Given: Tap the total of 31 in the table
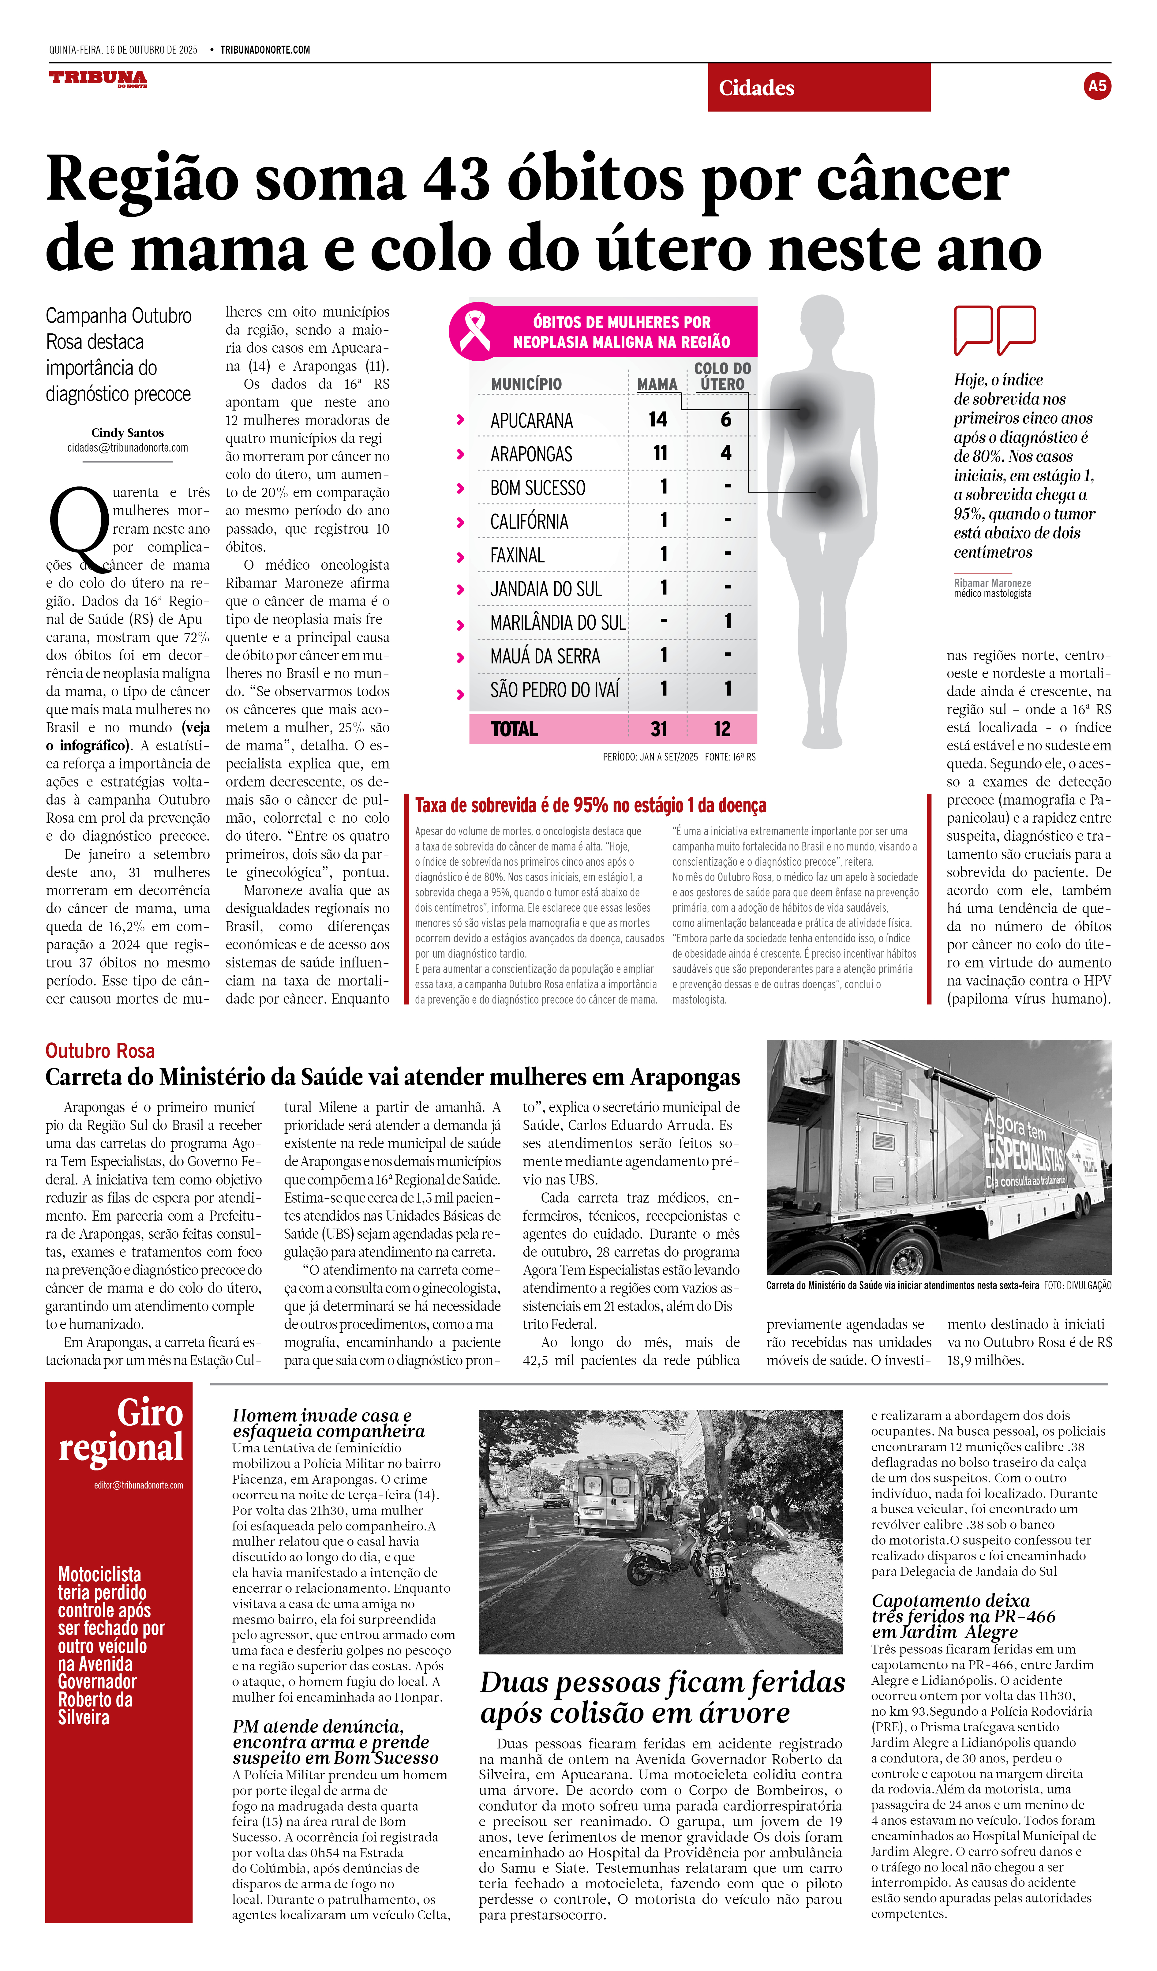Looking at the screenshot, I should point(659,729).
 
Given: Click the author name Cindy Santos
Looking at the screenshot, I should point(127,433).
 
